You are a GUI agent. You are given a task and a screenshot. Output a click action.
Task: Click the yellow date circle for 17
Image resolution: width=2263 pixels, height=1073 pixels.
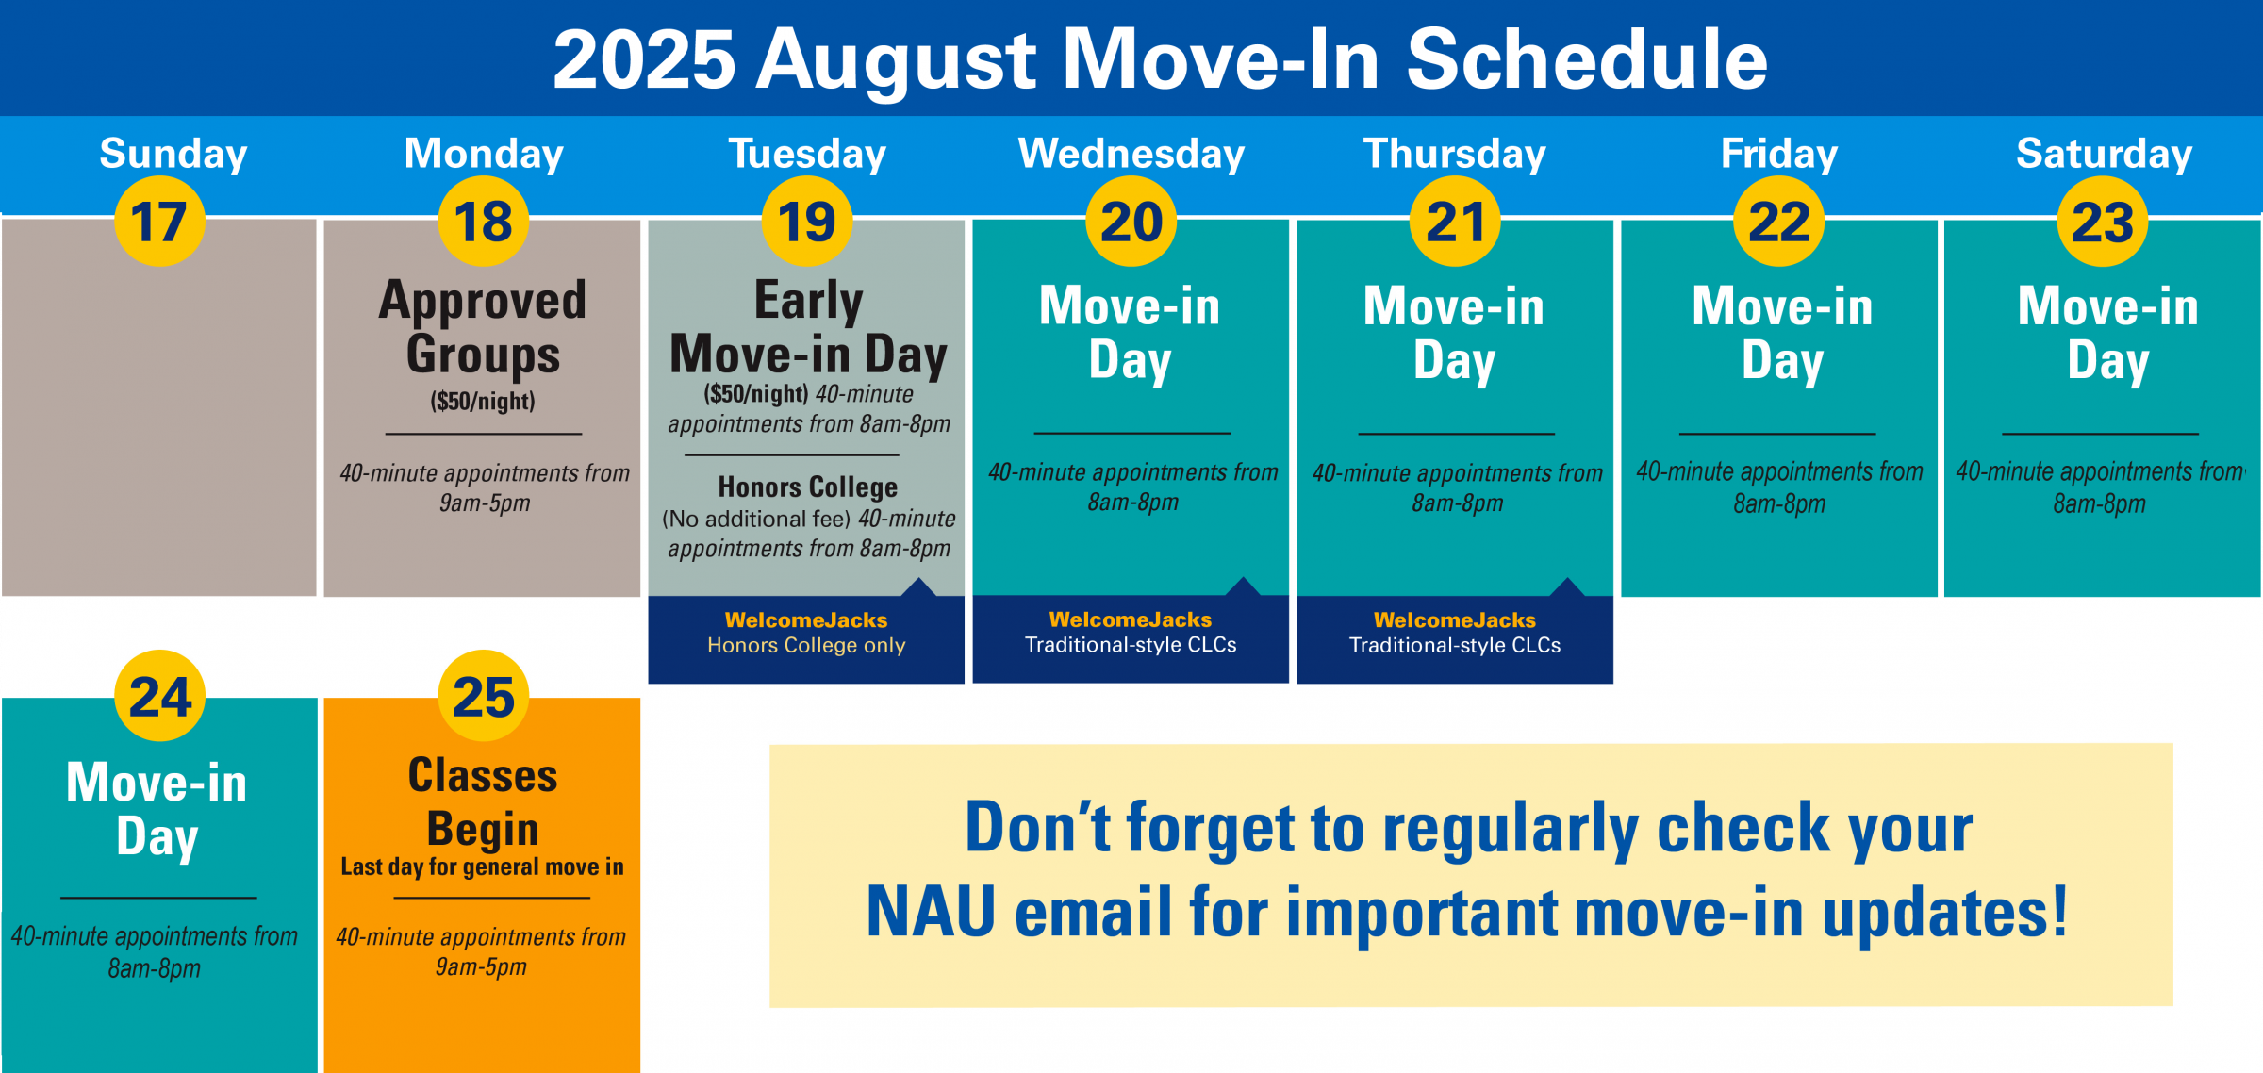[x=159, y=222]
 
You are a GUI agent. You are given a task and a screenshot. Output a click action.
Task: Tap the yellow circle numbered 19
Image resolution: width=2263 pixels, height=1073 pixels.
[x=807, y=222]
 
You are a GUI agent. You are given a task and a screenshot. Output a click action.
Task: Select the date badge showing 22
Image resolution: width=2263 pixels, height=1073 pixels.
[x=1779, y=222]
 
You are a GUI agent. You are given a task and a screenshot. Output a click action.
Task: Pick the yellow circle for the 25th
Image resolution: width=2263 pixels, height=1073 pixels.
[x=484, y=696]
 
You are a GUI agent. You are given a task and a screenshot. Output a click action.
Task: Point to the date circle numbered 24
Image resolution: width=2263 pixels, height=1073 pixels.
[x=159, y=696]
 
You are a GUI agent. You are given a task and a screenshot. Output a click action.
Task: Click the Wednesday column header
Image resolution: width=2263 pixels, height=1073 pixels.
[x=1131, y=154]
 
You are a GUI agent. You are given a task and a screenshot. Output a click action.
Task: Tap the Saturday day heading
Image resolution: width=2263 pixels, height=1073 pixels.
[x=2104, y=154]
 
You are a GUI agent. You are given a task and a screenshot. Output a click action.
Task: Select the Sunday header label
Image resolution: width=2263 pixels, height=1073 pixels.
[x=173, y=154]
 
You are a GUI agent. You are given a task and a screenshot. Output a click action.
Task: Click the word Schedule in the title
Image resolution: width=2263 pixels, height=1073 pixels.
[x=1587, y=59]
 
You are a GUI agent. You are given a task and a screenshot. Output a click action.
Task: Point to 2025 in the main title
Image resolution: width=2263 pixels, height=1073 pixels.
[x=644, y=59]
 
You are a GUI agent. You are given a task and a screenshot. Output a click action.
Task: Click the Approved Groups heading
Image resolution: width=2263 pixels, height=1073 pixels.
[x=483, y=327]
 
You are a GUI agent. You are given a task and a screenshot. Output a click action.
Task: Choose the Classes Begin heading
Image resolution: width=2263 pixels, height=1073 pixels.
[x=483, y=801]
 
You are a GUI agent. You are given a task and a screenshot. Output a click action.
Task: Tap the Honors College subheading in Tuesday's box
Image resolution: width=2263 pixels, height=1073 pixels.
[x=808, y=487]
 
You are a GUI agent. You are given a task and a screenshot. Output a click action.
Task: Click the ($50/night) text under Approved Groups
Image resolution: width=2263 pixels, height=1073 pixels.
[x=483, y=401]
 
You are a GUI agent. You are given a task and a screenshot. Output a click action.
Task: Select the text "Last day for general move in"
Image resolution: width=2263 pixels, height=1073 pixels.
[x=483, y=867]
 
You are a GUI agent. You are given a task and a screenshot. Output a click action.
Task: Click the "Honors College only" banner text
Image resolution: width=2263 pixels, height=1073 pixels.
[x=806, y=645]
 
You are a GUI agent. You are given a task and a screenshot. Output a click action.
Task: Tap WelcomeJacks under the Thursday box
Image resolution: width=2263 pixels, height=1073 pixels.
[x=1455, y=619]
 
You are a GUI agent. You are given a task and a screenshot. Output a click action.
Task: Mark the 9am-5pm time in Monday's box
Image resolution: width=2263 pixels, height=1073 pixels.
[x=485, y=503]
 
